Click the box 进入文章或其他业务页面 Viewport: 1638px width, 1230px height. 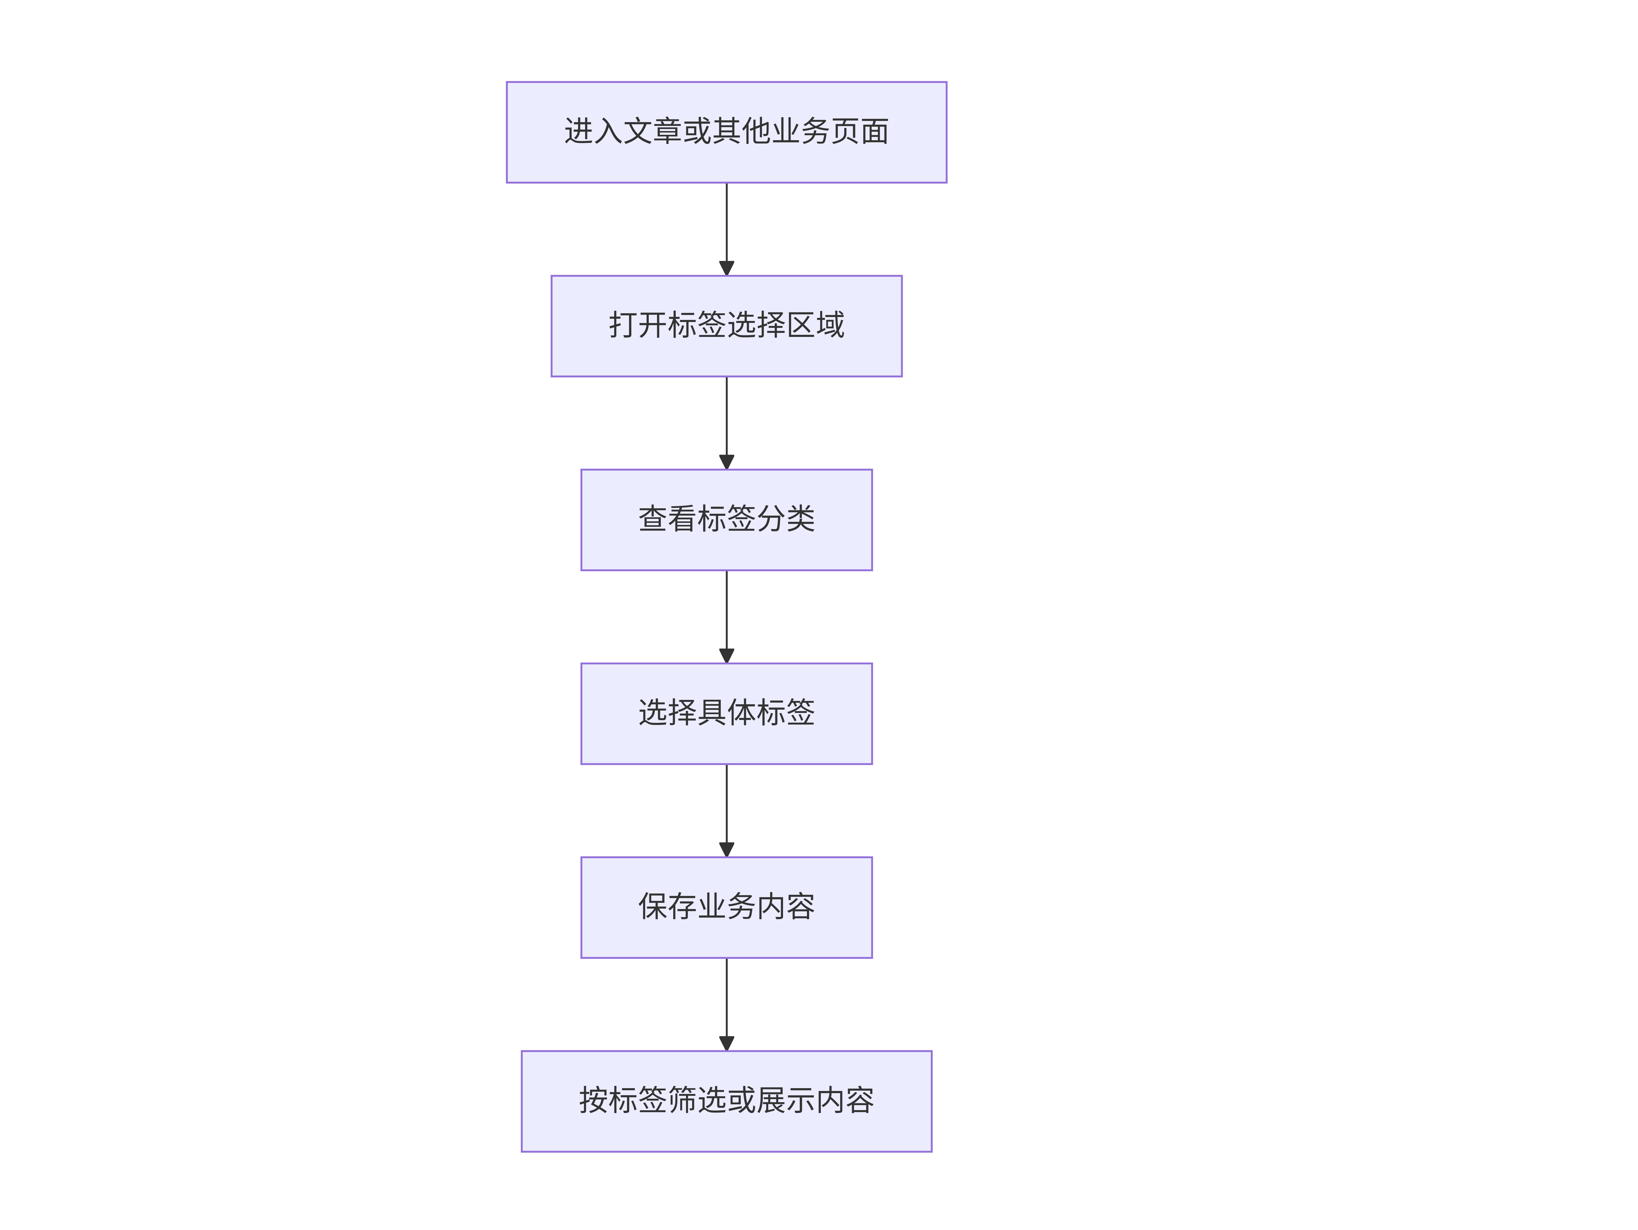pos(726,132)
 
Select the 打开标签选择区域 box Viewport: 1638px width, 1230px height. pos(726,326)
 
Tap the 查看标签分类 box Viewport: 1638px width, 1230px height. pos(726,520)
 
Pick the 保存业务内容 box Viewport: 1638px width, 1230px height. pos(726,907)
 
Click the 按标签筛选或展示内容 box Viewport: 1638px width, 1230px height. pos(726,1101)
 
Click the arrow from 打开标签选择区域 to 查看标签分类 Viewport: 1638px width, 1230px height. pos(726,423)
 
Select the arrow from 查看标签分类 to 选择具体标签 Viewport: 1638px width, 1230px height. pos(726,617)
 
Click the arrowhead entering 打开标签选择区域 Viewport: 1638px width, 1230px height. pos(726,268)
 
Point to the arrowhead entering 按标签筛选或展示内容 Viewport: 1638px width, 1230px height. pos(726,1043)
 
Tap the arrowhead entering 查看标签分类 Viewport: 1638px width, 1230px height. pos(726,462)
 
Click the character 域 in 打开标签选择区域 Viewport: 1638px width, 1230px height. pos(830,325)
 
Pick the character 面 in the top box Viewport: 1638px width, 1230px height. pos(875,131)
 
